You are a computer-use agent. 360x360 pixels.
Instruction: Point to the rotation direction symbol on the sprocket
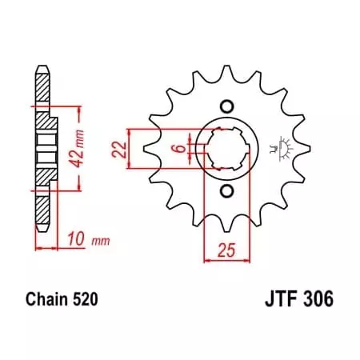coord(282,149)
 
